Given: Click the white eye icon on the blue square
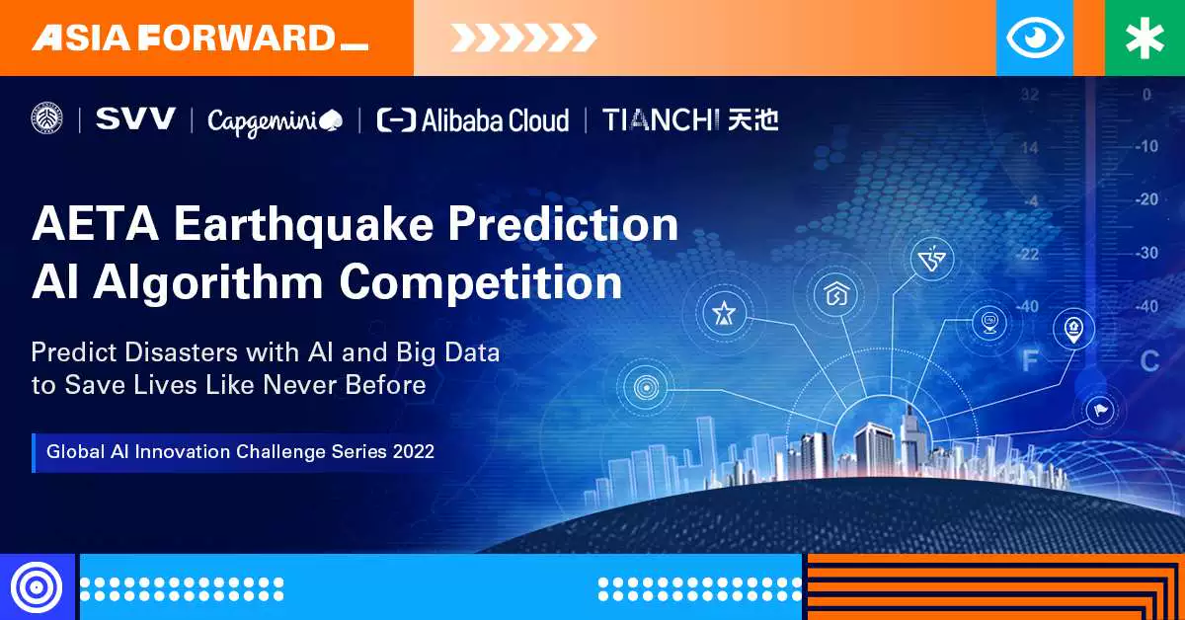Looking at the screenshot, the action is click(1035, 38).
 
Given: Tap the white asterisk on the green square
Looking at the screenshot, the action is click(1145, 39).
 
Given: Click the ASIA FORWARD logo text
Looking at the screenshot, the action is click(199, 39).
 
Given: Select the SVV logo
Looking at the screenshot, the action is click(135, 118).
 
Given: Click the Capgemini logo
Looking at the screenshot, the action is click(275, 122).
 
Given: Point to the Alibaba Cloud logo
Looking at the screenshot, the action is click(473, 120).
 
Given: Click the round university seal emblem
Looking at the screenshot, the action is click(46, 117).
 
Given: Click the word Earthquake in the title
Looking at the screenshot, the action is click(304, 225).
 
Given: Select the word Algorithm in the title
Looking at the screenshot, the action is click(208, 283).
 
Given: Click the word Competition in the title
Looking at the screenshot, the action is click(481, 283).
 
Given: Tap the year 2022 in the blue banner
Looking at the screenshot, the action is click(413, 452).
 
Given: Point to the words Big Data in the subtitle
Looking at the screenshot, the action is click(448, 352).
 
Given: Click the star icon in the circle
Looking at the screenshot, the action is click(724, 313).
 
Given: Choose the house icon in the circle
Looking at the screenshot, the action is click(836, 294).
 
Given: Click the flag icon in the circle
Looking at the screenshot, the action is click(1100, 410).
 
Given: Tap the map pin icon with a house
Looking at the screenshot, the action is click(1073, 330).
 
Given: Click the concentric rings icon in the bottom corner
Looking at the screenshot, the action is click(37, 587).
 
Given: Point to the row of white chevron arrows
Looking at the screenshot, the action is click(523, 39).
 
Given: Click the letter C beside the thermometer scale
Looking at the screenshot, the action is click(1149, 362).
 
